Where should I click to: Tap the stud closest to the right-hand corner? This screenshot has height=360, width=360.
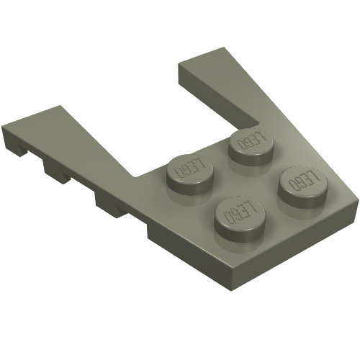[x=303, y=187]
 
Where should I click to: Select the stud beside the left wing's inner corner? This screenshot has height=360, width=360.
[x=190, y=175]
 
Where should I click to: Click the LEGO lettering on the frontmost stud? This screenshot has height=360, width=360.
[x=240, y=212]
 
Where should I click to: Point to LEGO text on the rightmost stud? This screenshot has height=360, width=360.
[x=303, y=181]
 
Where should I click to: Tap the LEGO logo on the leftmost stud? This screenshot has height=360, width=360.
[x=190, y=168]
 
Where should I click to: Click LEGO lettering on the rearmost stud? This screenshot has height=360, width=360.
[x=251, y=140]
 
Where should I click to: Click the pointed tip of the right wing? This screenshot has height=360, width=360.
[x=224, y=48]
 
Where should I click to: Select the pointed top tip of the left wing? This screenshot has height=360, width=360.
[x=60, y=106]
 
